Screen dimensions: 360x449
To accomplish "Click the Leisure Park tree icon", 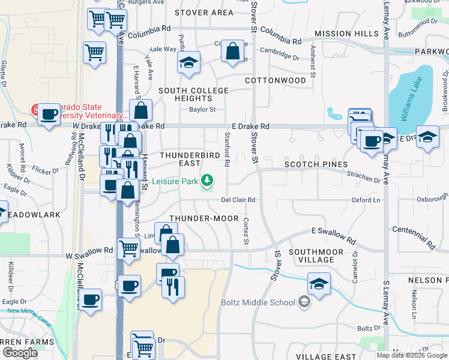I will pos(207,179).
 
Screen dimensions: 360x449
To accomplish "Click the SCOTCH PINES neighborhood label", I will pos(316,164).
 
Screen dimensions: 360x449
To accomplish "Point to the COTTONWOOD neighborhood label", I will pos(276,80).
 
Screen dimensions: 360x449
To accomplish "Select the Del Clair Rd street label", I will pos(238,200).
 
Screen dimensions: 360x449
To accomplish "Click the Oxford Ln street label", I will pos(366,200).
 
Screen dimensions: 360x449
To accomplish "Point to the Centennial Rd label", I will pos(414,237).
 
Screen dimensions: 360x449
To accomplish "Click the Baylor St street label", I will pos(202,110).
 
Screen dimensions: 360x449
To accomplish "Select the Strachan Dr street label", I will pos(364,178).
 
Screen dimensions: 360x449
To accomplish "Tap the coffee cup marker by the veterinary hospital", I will pos(49,114).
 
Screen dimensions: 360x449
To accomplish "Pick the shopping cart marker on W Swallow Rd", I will pos(130,248).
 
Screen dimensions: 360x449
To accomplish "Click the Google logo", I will pos(20,353).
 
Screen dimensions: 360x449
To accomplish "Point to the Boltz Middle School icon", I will pos(304,302).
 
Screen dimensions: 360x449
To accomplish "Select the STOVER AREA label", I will pos(204,13).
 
